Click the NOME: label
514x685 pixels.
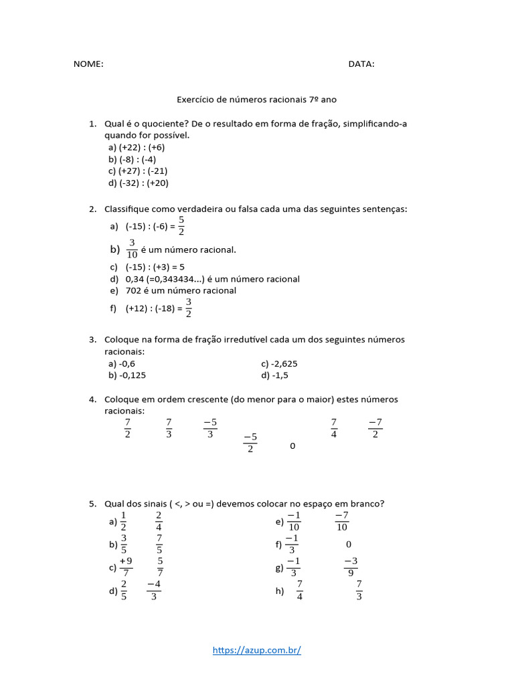88,64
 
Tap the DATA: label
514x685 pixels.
361,64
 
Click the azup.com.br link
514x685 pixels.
257,650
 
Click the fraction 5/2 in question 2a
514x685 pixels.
181,226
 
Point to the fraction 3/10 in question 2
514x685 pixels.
132,249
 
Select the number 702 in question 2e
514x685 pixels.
134,291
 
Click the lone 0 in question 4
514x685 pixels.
292,446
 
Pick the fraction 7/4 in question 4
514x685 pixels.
333,428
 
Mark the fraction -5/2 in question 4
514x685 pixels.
250,443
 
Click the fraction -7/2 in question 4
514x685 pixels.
375,428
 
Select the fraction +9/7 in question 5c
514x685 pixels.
125,567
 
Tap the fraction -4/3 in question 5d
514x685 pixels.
153,590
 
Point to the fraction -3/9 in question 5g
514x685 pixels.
351,567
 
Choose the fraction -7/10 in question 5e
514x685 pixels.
341,520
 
